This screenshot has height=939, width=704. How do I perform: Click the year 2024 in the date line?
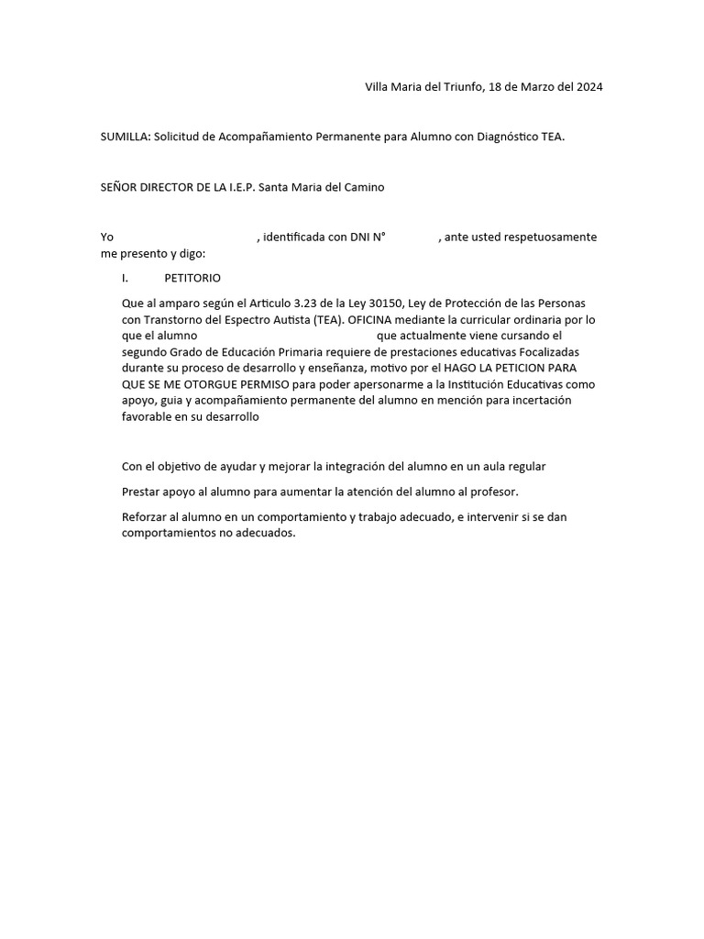[x=587, y=87]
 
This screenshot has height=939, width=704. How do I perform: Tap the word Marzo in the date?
[x=527, y=87]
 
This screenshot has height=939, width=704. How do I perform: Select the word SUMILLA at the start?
[x=125, y=138]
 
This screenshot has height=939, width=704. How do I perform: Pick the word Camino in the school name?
[x=363, y=187]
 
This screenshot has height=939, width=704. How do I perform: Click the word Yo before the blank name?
[x=107, y=238]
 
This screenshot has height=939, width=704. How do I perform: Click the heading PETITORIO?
[x=192, y=278]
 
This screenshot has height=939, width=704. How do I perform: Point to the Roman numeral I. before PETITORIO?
[x=125, y=278]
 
